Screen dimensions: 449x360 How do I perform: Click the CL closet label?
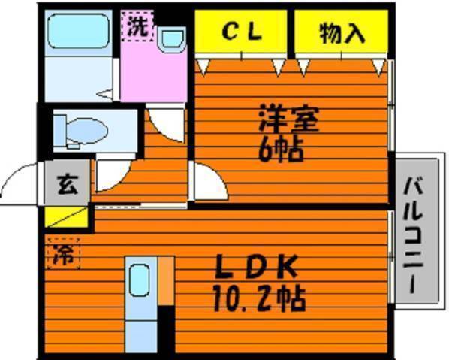[x=242, y=32]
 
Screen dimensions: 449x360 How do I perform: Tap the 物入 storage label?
[x=342, y=33]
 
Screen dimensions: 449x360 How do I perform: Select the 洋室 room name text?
[x=288, y=118]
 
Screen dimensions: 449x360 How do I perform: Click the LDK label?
[x=257, y=266]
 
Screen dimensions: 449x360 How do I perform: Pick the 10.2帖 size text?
[x=260, y=298]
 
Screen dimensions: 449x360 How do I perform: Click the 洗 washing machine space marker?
[x=137, y=26]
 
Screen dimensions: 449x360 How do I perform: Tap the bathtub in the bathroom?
[x=79, y=31]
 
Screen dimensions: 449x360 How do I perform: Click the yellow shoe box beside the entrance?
[x=66, y=217]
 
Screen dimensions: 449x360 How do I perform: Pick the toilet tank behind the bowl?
[x=60, y=131]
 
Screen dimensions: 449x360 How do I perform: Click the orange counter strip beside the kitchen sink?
[x=166, y=281]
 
